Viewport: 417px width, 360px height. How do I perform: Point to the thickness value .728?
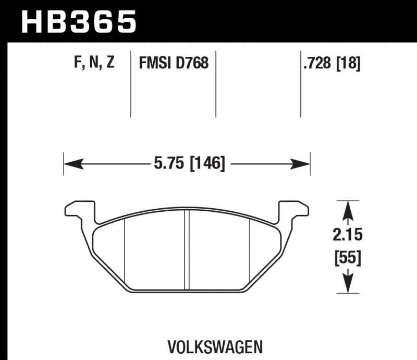318,64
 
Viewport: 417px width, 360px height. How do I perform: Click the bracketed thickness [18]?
349,64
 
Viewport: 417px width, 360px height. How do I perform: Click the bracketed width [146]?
207,164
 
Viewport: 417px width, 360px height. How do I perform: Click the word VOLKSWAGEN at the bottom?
215,346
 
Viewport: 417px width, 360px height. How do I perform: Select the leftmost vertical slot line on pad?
125,250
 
